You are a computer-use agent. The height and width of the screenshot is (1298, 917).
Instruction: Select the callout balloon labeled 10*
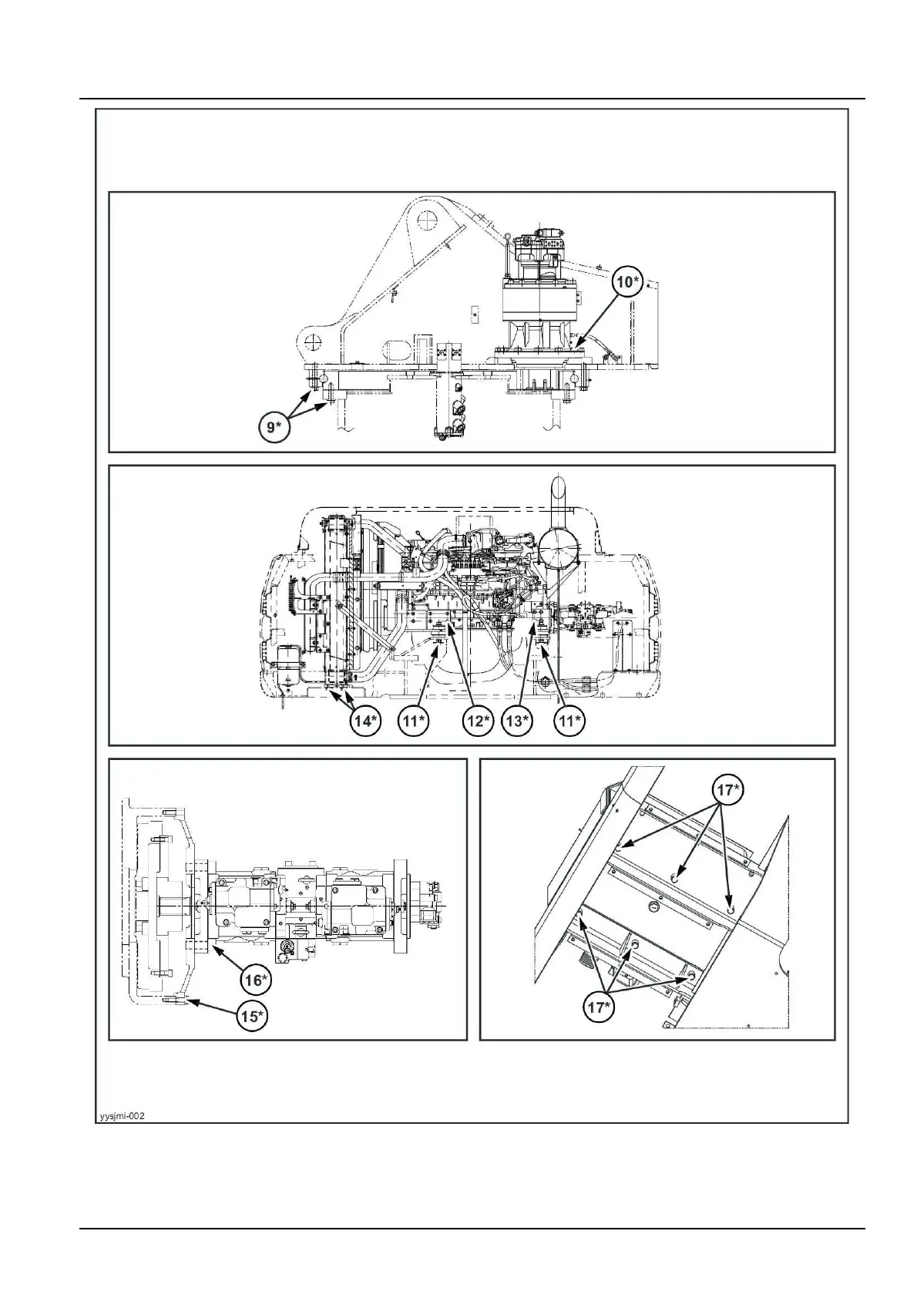(626, 284)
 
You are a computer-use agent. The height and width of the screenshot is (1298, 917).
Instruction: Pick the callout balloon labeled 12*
(477, 721)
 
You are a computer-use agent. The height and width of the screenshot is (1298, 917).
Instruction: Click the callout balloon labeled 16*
(255, 980)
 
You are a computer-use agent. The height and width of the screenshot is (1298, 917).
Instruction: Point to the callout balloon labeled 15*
(251, 1017)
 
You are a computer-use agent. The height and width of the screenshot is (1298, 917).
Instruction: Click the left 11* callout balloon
(414, 721)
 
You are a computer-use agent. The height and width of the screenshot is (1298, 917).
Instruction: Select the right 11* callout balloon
(570, 721)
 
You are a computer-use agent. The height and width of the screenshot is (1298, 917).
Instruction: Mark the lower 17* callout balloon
(599, 1007)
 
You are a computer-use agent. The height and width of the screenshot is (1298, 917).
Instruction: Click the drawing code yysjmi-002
(122, 1115)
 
